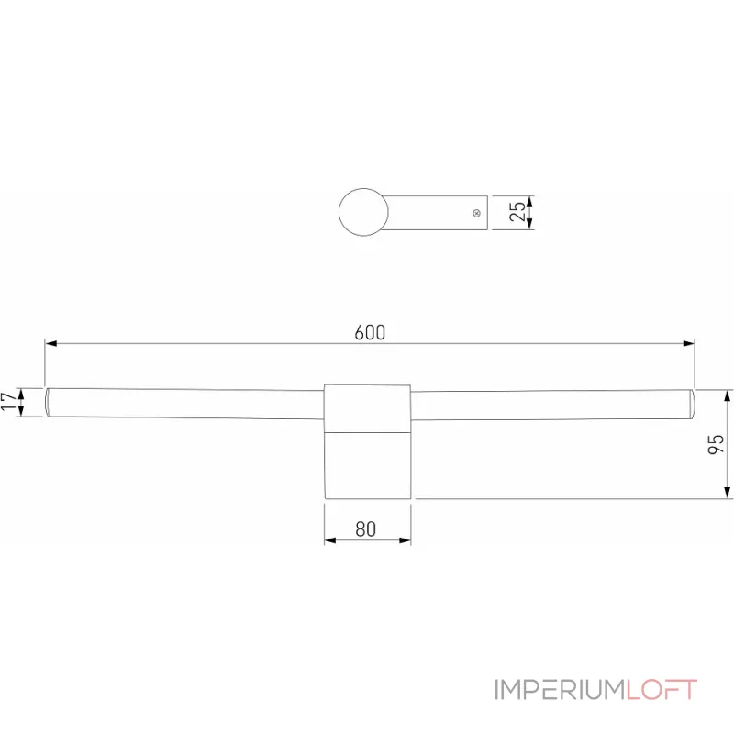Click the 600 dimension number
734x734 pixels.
pos(370,332)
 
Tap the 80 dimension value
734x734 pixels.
pos(366,528)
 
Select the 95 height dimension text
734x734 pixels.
pos(717,444)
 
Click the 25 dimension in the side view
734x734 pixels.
pos(518,212)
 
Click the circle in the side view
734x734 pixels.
pos(362,211)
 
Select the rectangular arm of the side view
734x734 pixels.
pos(436,212)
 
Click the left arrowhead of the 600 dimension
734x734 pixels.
pos(51,344)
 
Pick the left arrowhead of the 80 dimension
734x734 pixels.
pos(329,540)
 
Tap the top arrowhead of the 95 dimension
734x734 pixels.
pos(728,395)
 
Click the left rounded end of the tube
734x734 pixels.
pos(49,403)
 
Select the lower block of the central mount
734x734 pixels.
pos(366,464)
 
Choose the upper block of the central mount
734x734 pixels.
pos(366,406)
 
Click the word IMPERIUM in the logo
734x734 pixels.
pos(560,689)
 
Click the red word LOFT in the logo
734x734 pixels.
pos(662,689)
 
